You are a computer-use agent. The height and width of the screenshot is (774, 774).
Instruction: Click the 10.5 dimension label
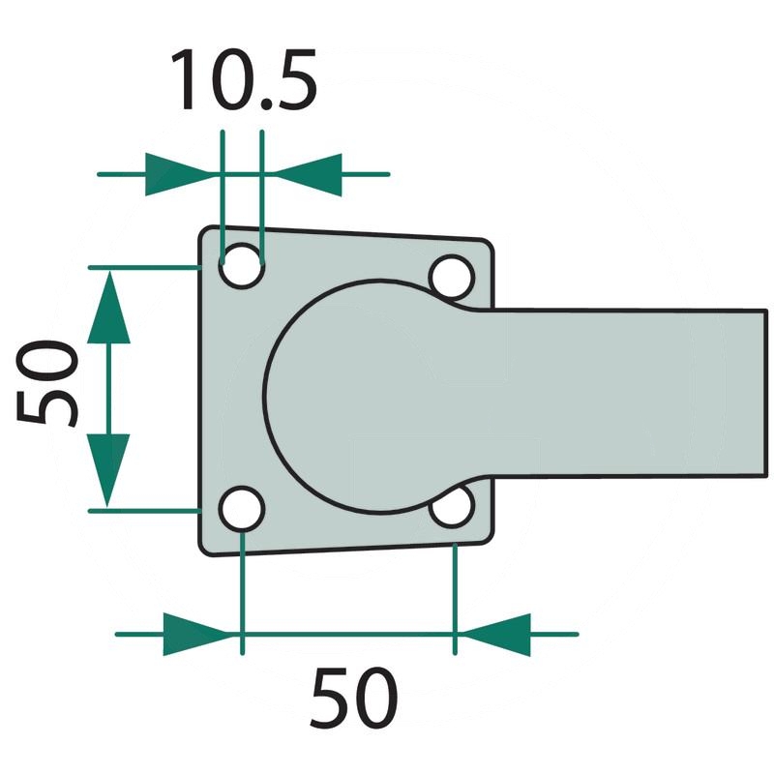(244, 79)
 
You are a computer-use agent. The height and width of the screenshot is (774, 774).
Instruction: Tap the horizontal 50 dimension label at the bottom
(353, 698)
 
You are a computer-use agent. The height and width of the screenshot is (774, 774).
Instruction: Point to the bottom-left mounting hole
(242, 509)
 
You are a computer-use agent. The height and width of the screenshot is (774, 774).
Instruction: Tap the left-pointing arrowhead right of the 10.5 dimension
(308, 174)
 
